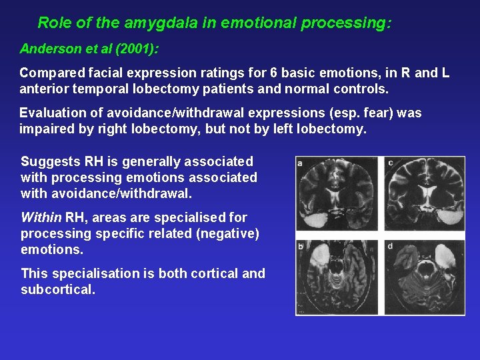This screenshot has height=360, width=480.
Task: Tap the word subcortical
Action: tap(58, 290)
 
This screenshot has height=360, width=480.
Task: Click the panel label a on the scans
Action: tap(301, 163)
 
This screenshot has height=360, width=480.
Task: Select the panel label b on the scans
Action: tap(301, 247)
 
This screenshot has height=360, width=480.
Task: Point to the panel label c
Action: tap(389, 163)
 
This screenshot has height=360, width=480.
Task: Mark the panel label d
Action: tap(389, 247)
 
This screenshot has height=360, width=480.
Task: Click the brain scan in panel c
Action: tap(425, 195)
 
